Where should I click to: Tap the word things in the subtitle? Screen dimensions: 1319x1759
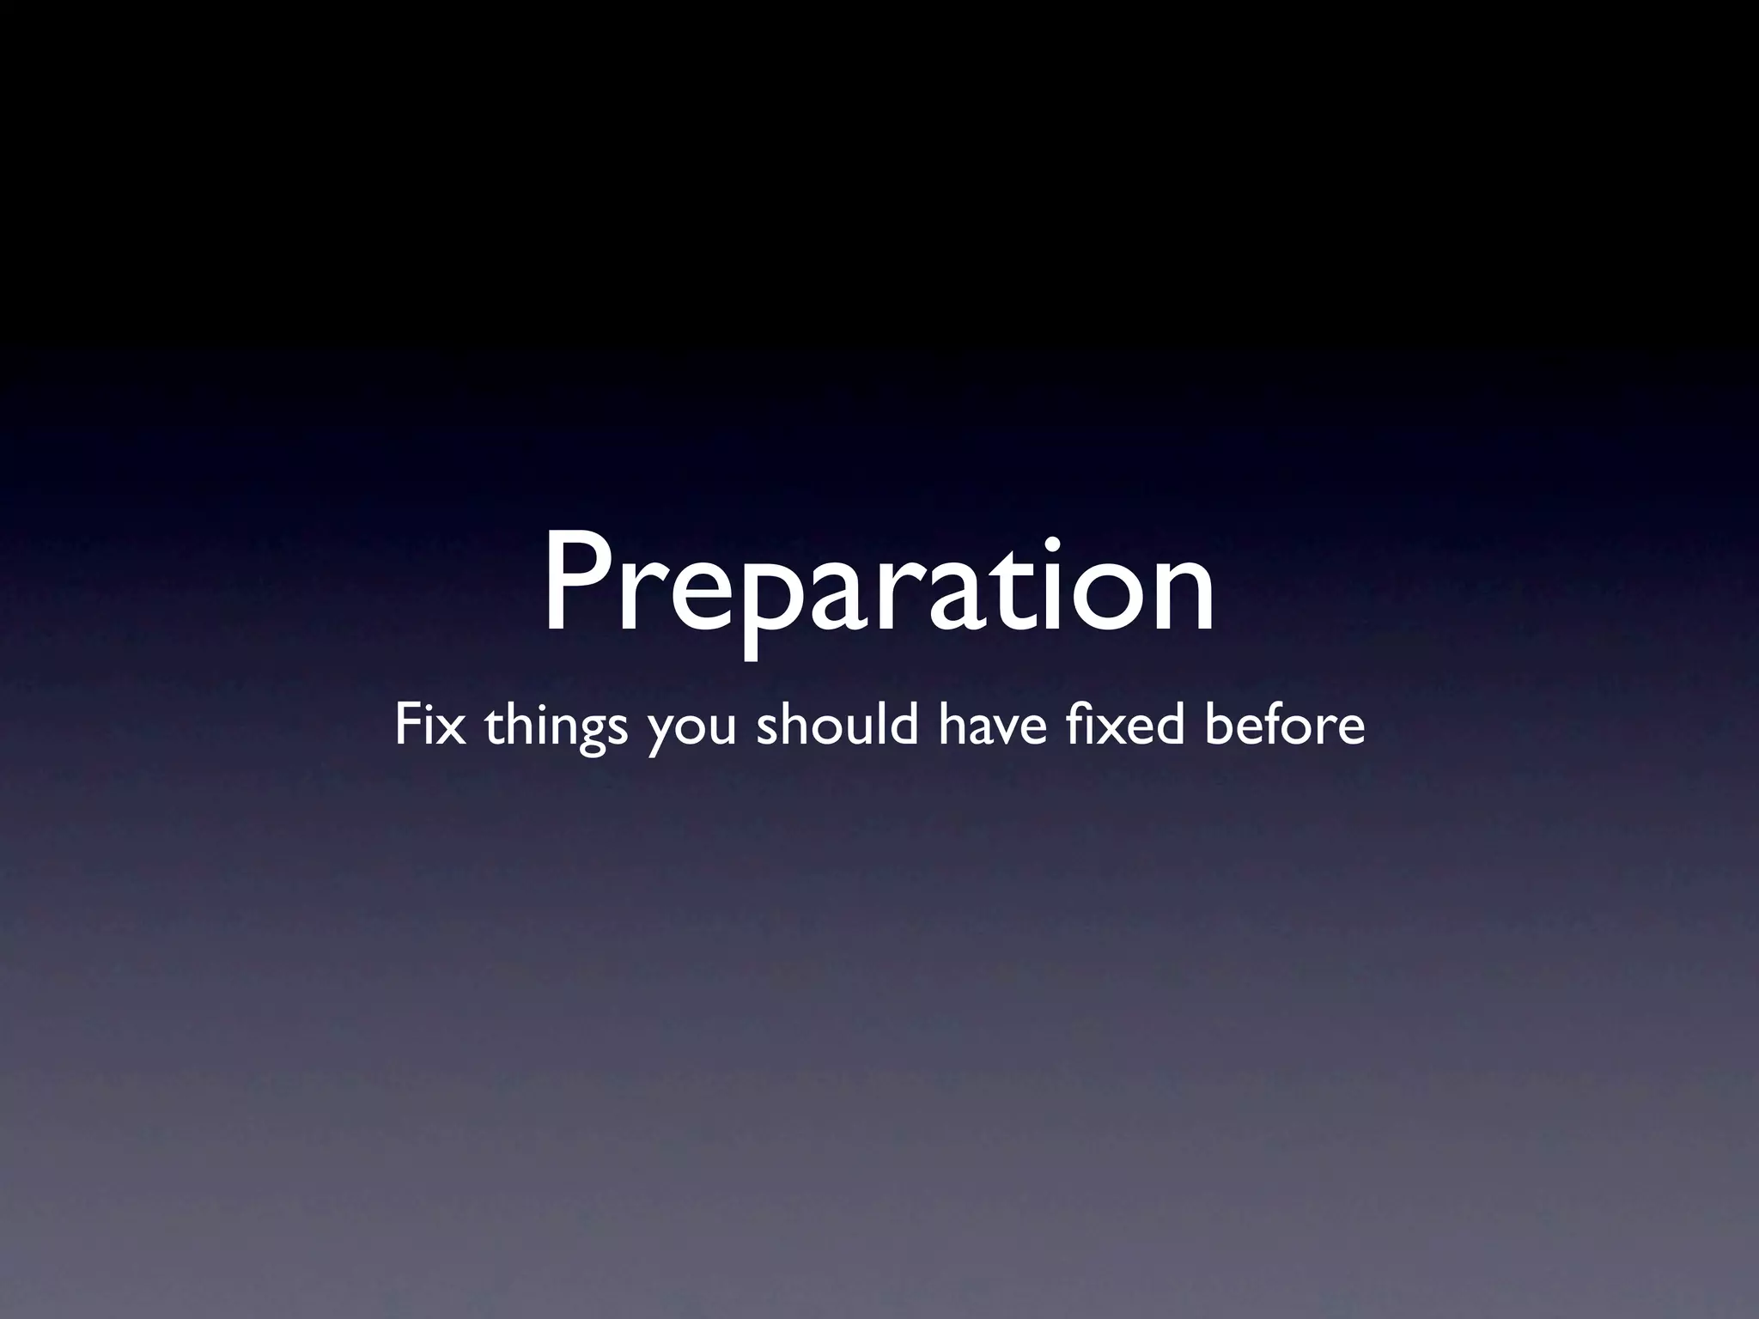coord(555,726)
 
